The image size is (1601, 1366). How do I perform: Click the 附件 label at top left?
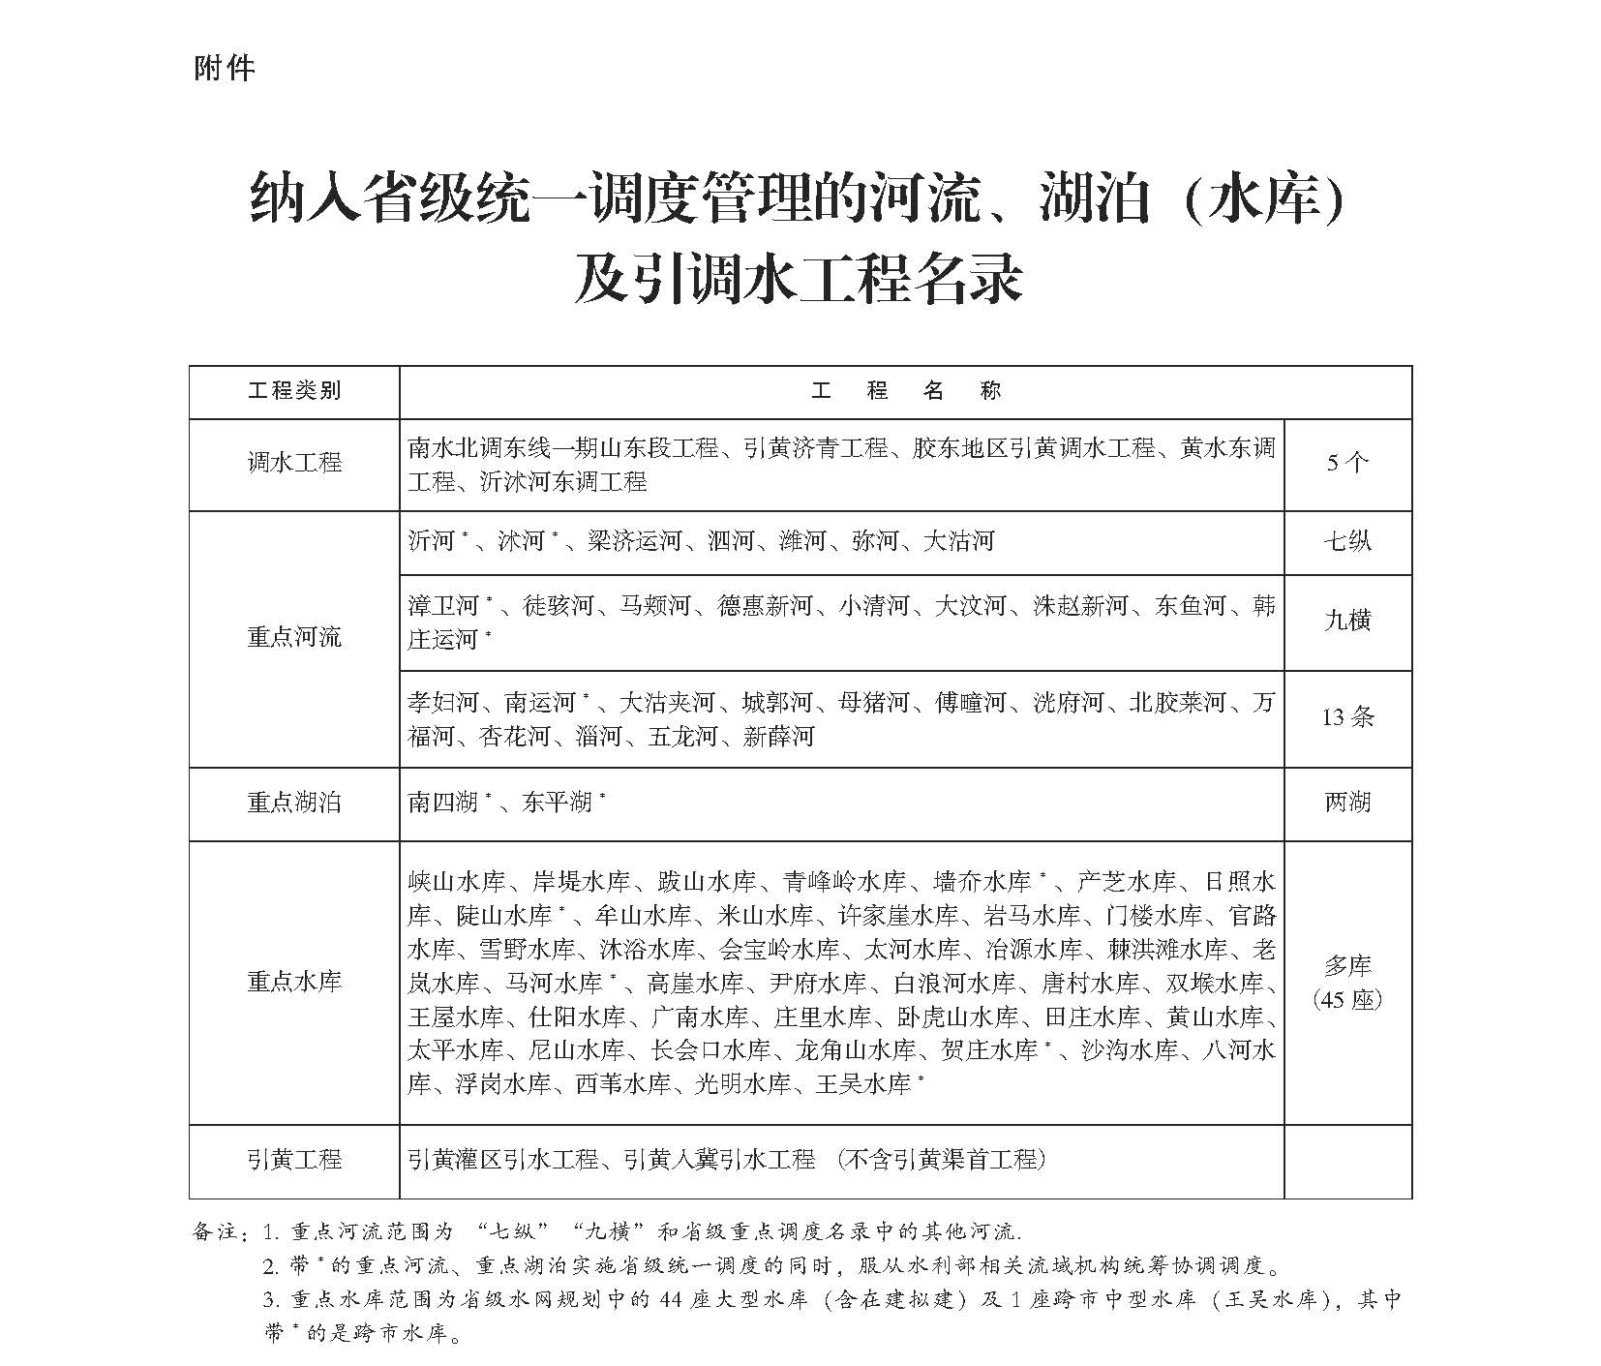pyautogui.click(x=224, y=69)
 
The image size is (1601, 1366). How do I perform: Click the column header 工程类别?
pyautogui.click(x=294, y=391)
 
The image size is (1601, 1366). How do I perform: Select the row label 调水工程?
pyautogui.click(x=294, y=463)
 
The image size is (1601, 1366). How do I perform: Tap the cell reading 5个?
pyautogui.click(x=1346, y=463)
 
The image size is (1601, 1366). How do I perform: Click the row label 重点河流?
pyautogui.click(x=294, y=637)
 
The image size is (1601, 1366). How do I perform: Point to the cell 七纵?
pyautogui.click(x=1346, y=541)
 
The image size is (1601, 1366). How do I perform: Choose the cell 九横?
pyautogui.click(x=1346, y=621)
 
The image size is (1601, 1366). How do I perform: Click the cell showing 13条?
pyautogui.click(x=1346, y=717)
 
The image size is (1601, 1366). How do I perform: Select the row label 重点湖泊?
pyautogui.click(x=294, y=803)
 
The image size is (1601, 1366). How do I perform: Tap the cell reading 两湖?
pyautogui.click(x=1346, y=803)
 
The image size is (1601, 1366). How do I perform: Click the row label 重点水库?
pyautogui.click(x=294, y=982)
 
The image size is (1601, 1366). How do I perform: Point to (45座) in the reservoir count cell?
pyautogui.click(x=1346, y=998)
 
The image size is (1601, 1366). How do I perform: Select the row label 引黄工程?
pyautogui.click(x=294, y=1159)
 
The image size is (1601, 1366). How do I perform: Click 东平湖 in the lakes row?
pyautogui.click(x=557, y=803)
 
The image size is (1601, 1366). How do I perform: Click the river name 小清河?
pyautogui.click(x=873, y=607)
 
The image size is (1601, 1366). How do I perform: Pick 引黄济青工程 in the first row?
pyautogui.click(x=815, y=448)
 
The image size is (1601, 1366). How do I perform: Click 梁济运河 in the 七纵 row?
pyautogui.click(x=634, y=541)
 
